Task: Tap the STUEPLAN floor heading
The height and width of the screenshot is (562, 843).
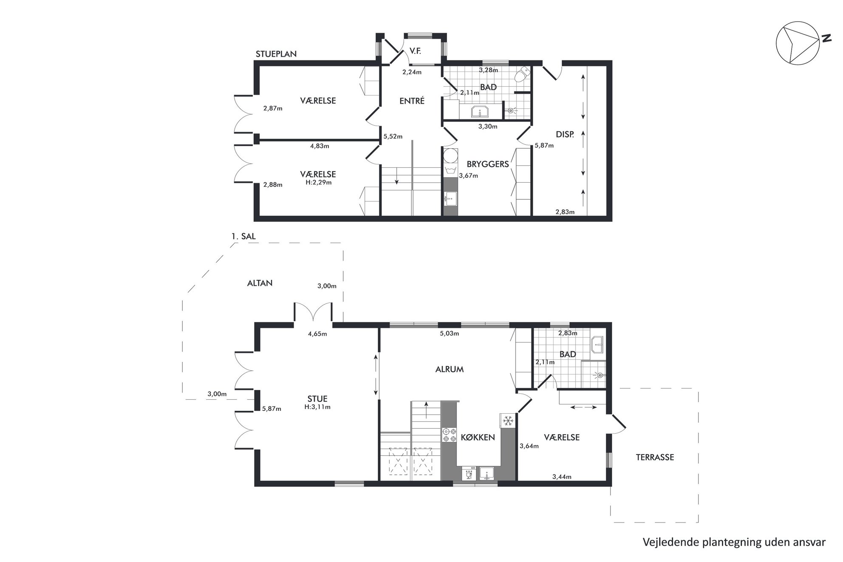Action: click(276, 54)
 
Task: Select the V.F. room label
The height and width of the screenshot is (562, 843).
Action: click(415, 51)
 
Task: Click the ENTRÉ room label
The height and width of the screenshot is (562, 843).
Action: click(412, 101)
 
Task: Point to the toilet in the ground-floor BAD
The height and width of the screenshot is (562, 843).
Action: click(521, 75)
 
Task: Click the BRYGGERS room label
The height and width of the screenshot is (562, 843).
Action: click(487, 164)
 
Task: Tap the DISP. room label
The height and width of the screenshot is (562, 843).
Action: click(565, 135)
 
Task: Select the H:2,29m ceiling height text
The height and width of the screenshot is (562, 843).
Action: click(319, 183)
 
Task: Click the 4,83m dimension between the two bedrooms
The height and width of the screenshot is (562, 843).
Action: click(320, 146)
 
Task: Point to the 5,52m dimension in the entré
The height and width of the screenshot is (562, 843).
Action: click(393, 137)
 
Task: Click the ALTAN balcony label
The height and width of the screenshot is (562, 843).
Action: click(260, 283)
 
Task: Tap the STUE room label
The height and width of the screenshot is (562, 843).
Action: click(317, 399)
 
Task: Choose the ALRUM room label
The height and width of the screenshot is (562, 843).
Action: click(450, 370)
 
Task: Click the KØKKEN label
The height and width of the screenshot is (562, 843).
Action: click(478, 437)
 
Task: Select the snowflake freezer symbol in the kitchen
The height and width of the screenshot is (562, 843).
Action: click(508, 421)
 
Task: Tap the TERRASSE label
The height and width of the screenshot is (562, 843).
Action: click(655, 458)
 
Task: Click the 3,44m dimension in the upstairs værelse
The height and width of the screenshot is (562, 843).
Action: click(562, 477)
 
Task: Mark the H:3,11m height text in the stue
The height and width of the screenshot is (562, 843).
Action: click(317, 407)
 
